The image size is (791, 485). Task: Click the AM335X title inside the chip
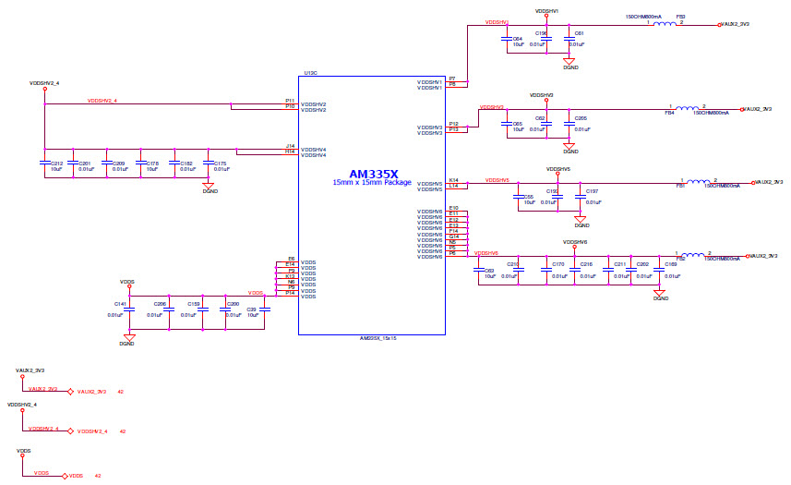tap(373, 174)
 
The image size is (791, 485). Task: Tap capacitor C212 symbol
tap(44, 163)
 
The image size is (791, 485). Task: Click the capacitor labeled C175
tap(208, 163)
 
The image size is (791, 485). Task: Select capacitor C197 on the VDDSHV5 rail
tap(580, 196)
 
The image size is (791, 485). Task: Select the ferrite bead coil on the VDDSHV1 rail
tap(665, 25)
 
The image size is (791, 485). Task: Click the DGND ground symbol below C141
tap(129, 338)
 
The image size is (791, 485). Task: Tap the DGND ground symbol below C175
tap(209, 185)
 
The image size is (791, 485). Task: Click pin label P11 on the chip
tap(289, 101)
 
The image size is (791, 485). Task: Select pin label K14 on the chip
tap(453, 180)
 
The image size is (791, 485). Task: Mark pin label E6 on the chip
tap(291, 259)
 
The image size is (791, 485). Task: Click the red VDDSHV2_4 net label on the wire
tap(102, 101)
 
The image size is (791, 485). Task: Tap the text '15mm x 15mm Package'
tap(373, 183)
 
